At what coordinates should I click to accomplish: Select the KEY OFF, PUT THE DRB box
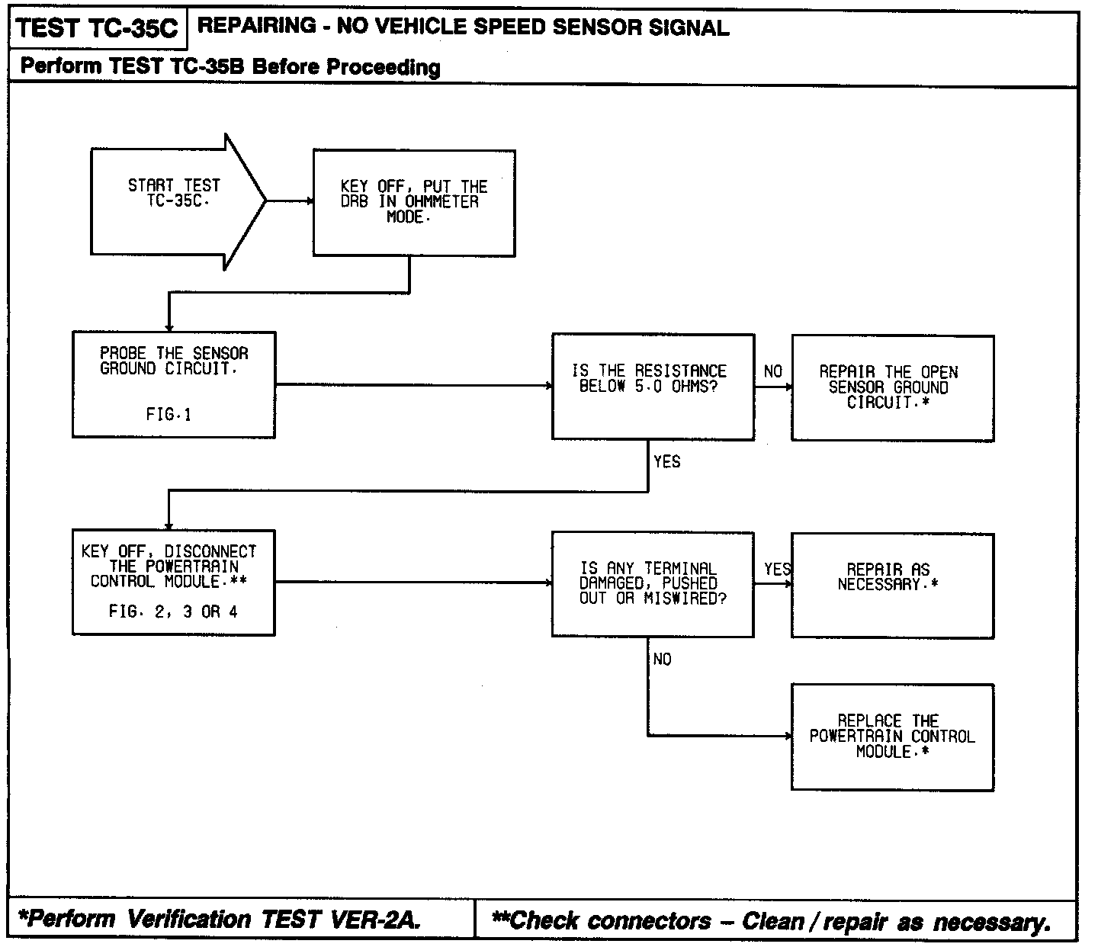pyautogui.click(x=414, y=202)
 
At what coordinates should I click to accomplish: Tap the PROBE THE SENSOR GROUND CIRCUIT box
pyautogui.click(x=174, y=384)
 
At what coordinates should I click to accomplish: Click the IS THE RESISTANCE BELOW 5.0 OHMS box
pyautogui.click(x=653, y=386)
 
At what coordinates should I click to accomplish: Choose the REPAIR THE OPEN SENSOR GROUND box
pyautogui.click(x=892, y=387)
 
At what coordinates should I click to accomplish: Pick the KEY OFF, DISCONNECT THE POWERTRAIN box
pyautogui.click(x=174, y=582)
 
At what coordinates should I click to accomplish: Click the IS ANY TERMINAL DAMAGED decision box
pyautogui.click(x=653, y=583)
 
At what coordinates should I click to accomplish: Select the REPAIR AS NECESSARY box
pyautogui.click(x=892, y=585)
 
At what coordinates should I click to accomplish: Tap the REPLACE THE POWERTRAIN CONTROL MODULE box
pyautogui.click(x=892, y=736)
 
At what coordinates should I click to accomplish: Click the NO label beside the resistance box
pyautogui.click(x=773, y=371)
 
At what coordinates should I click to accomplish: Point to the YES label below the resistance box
pyautogui.click(x=667, y=461)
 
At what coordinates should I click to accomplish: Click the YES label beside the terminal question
pyautogui.click(x=778, y=569)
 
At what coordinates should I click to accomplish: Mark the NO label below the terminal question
pyautogui.click(x=662, y=659)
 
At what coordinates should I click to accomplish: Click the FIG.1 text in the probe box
pyautogui.click(x=169, y=415)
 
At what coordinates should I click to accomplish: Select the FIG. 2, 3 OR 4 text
pyautogui.click(x=173, y=612)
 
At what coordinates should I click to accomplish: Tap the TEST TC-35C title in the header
pyautogui.click(x=96, y=28)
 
